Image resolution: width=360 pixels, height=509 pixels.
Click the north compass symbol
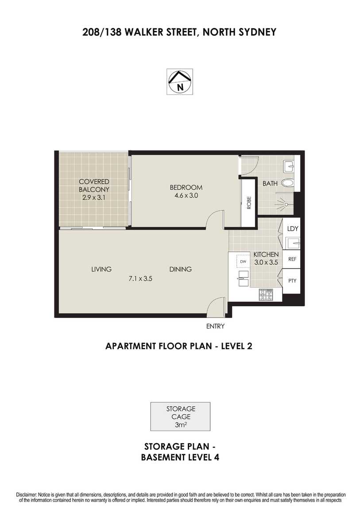point(179,81)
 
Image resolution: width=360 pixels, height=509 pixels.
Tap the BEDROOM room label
point(186,187)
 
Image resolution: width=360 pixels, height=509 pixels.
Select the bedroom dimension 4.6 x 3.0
point(186,196)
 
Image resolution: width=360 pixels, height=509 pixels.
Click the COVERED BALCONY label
point(94,185)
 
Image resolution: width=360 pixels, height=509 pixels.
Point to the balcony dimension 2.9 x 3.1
point(93,197)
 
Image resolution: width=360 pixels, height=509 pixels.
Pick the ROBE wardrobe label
point(249,203)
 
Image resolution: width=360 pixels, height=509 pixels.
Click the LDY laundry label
point(293,228)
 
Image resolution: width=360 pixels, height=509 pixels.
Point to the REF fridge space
point(292,259)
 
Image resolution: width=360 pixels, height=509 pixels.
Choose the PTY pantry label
point(292,281)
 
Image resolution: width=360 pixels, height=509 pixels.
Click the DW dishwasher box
point(243,262)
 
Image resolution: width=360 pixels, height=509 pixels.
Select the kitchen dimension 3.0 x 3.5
point(266,262)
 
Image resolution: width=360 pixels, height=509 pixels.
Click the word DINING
point(181,269)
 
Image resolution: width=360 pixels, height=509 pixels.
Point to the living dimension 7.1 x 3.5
point(140,278)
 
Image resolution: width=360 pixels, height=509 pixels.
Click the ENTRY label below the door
point(215,326)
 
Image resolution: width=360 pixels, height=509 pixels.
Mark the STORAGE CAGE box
point(180,416)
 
